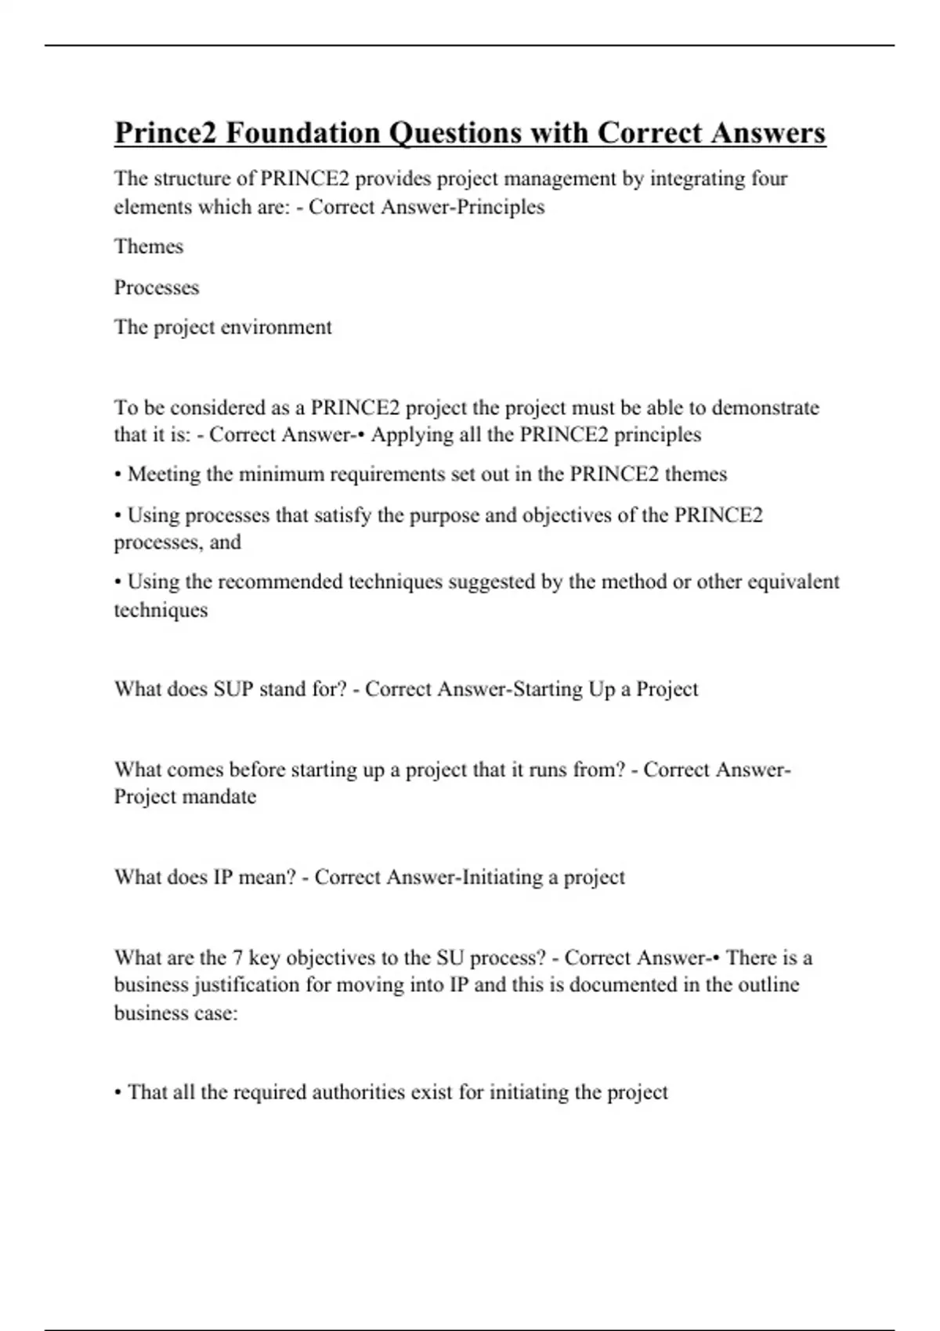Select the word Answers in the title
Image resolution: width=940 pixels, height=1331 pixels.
point(768,133)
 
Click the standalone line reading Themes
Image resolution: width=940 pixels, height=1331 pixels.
point(149,247)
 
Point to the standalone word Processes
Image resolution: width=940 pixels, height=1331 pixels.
point(157,287)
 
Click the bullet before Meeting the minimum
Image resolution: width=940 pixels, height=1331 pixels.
point(117,474)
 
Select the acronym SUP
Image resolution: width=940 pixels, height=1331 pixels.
point(233,689)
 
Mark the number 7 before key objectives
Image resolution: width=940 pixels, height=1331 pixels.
point(238,958)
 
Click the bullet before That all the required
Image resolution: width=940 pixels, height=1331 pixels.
point(117,1093)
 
